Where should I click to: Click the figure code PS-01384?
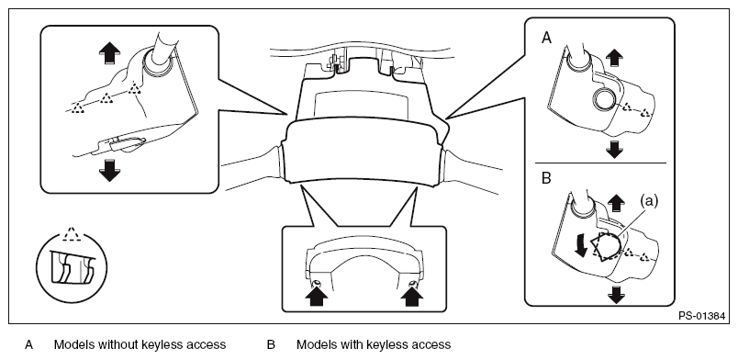701,316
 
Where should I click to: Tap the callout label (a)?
649,201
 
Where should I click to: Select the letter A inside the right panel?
546,38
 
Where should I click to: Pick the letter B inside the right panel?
546,178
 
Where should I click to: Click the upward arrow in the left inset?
109,52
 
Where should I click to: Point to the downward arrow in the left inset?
109,170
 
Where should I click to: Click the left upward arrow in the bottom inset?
317,296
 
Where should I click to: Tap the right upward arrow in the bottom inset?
412,296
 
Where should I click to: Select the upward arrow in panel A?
614,59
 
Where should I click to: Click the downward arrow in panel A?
614,150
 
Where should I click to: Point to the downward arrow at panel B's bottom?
616,296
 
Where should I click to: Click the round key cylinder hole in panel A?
604,99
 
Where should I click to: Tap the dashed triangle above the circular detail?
71,234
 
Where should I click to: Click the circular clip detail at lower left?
72,267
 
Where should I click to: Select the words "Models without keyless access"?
140,344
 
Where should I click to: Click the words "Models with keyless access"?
374,344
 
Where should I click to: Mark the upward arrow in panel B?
616,204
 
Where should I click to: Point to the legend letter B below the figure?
271,344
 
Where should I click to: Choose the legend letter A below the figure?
29,344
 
